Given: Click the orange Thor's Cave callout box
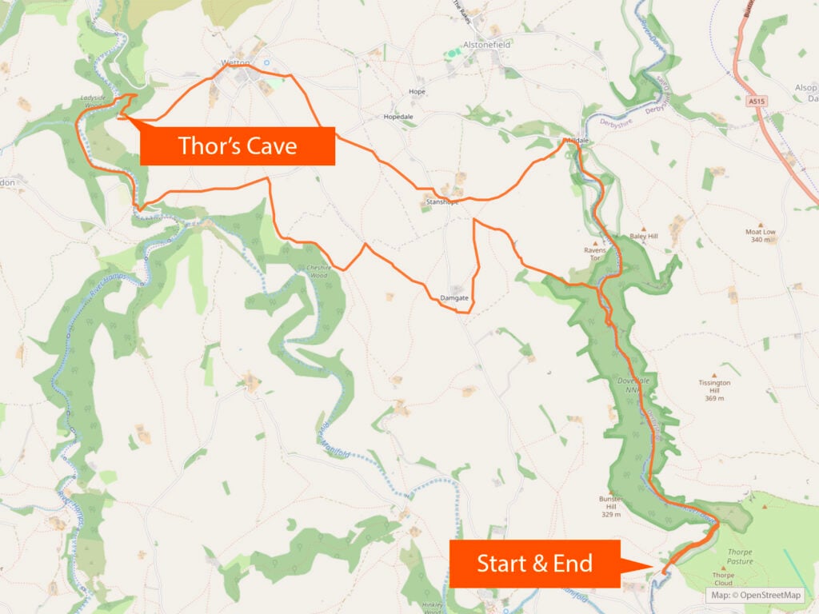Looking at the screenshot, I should point(237,146).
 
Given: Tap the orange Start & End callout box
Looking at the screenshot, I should point(534,564).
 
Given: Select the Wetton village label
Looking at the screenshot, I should point(236,62).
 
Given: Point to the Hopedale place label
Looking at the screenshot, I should point(398,117).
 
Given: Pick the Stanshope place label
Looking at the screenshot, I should point(441,202).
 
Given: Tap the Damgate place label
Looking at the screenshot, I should point(453,298).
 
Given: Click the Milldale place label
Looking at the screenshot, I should point(577,141).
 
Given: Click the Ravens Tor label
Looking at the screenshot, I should point(597,253).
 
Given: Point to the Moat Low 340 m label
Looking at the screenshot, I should point(760,235).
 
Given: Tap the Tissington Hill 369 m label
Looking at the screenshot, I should point(714,390).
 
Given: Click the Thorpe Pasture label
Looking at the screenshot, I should point(740,556).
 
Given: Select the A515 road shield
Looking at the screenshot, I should point(757,102).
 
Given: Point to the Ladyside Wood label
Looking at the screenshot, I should point(94,102).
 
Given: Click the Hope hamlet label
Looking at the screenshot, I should point(417,91).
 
